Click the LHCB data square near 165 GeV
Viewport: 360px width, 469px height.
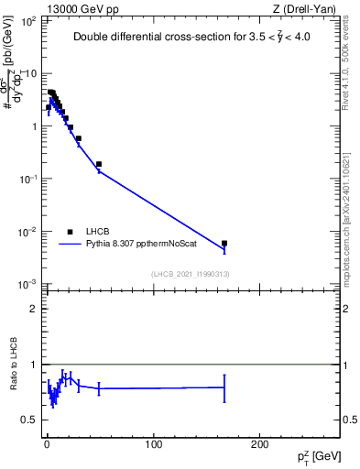224,244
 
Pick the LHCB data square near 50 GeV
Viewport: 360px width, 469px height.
99,164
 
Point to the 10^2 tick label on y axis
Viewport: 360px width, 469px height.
27,20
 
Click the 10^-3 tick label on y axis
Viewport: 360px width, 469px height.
27,284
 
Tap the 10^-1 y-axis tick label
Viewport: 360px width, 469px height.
27,179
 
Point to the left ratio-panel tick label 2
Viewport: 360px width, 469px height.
34,309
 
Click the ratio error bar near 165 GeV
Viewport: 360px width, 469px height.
224,387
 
